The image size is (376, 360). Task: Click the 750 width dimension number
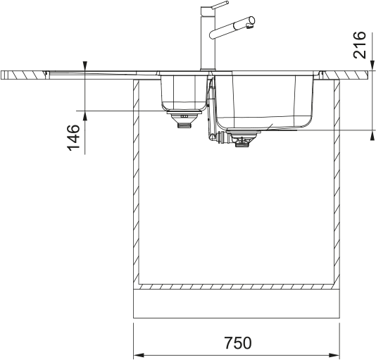coord(238,342)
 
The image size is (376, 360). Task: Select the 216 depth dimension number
coord(360,45)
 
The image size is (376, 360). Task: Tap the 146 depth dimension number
coord(73,138)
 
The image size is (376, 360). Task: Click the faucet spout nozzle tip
coord(250,26)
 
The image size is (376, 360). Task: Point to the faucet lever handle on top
coord(220,5)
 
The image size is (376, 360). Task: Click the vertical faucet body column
coord(208,39)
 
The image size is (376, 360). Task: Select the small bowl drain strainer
coord(184,118)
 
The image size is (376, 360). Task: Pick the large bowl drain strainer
coord(242,137)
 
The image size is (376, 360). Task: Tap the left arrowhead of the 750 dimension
coord(139,355)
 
